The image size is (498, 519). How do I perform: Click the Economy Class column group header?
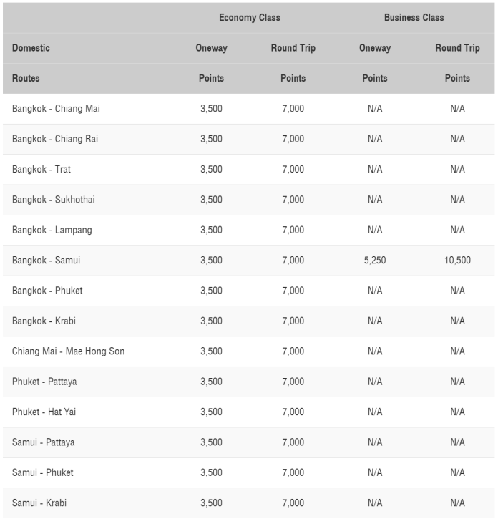(x=249, y=18)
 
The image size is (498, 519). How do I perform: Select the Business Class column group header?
(x=414, y=18)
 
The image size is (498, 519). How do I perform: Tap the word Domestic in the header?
(x=31, y=48)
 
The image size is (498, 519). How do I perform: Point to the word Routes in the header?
(x=26, y=78)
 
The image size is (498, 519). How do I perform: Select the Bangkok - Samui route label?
(x=46, y=261)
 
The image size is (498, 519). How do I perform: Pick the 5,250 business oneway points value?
(x=375, y=261)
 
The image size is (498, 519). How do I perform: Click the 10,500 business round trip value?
(x=457, y=261)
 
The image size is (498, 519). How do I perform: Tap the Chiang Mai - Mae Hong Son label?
(x=68, y=351)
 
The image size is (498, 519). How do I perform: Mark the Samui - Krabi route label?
(x=39, y=503)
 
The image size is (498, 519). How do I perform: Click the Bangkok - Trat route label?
(x=41, y=170)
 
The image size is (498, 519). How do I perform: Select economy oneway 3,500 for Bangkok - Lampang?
(x=211, y=230)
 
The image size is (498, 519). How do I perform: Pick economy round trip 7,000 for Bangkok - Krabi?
(x=293, y=321)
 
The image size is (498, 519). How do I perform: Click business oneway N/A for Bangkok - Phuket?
(x=375, y=291)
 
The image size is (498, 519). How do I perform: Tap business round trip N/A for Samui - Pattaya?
(x=457, y=442)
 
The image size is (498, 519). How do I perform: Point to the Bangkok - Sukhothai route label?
(x=53, y=200)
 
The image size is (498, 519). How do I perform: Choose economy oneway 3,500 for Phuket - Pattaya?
(x=211, y=382)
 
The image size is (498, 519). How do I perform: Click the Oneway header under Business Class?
(x=375, y=48)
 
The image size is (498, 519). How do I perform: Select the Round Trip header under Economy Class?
(x=293, y=48)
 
